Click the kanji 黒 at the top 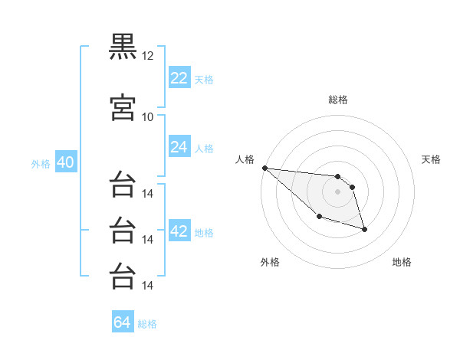[x=123, y=46]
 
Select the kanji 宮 [x=123, y=107]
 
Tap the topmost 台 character [x=123, y=185]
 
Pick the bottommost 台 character [x=123, y=276]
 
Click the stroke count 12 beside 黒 [x=148, y=56]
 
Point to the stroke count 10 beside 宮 [x=148, y=116]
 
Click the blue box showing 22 [x=179, y=78]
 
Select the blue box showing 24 [x=179, y=147]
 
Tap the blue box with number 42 [x=179, y=231]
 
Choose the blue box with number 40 [x=65, y=163]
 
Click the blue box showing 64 [x=123, y=322]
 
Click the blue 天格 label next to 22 [x=204, y=79]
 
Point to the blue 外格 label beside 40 [x=41, y=164]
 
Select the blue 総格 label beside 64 [x=147, y=323]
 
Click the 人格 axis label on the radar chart [x=245, y=159]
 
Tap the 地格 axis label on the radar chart [x=402, y=262]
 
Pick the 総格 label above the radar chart [x=338, y=100]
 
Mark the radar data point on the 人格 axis [x=264, y=168]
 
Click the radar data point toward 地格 [x=364, y=229]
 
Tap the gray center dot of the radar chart [x=338, y=191]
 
